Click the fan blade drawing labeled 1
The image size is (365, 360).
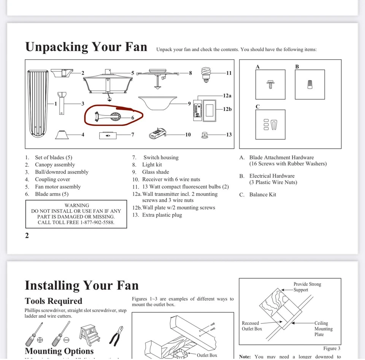pyautogui.click(x=38, y=103)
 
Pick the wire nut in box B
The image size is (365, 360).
pyautogui.click(x=310, y=84)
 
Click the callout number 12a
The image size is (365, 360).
pyautogui.click(x=227, y=96)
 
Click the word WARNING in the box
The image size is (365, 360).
pyautogui.click(x=77, y=205)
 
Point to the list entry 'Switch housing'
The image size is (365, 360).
pyautogui.click(x=161, y=157)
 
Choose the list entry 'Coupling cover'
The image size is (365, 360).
pyautogui.click(x=52, y=179)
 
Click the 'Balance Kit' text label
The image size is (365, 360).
pyautogui.click(x=263, y=195)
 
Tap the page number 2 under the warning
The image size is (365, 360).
pyautogui.click(x=27, y=235)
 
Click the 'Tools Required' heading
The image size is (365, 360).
pyautogui.click(x=54, y=301)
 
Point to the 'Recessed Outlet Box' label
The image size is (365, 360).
pyautogui.click(x=251, y=326)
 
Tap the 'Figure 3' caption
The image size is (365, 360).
pyautogui.click(x=332, y=348)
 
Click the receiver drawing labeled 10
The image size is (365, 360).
pyautogui.click(x=157, y=133)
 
